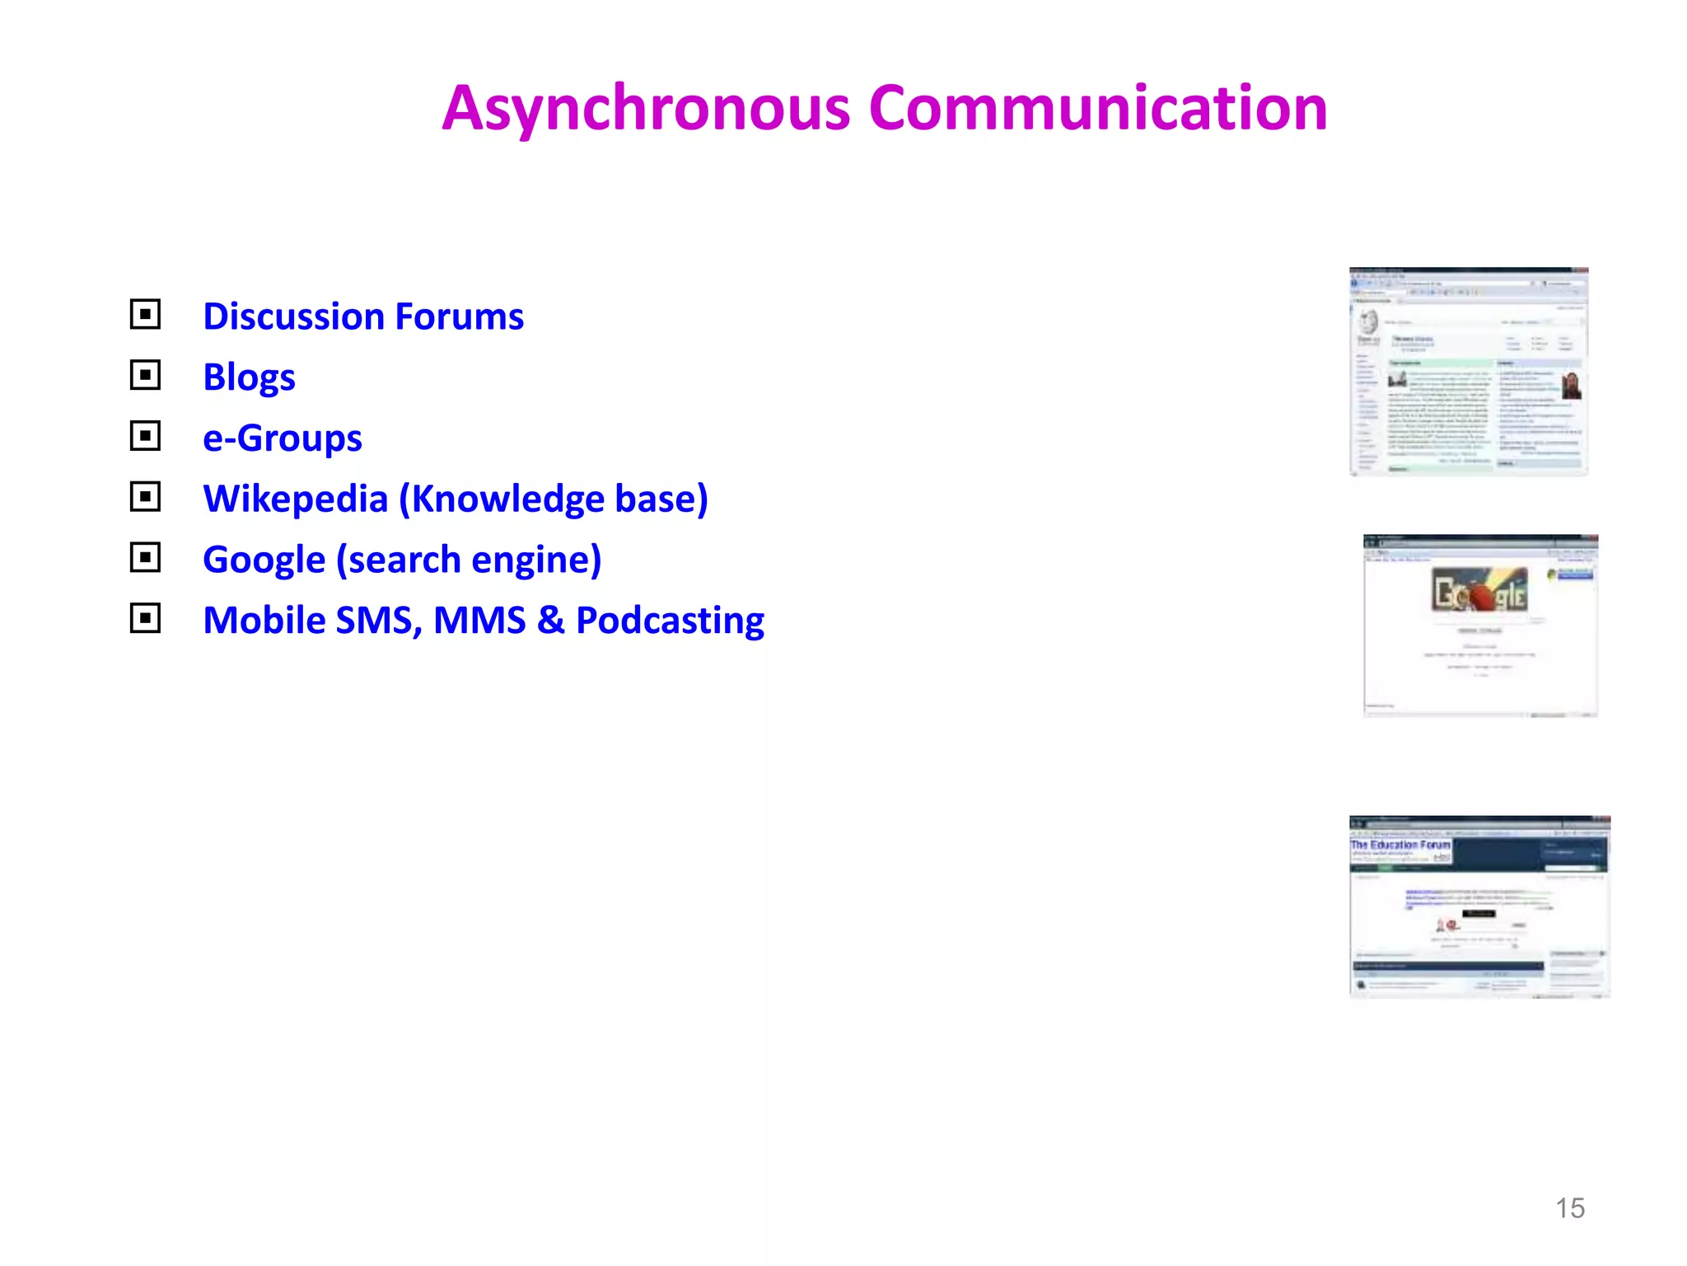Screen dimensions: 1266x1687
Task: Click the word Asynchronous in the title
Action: click(646, 110)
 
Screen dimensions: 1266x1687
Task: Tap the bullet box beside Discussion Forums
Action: click(145, 314)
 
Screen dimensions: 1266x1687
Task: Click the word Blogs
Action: click(249, 377)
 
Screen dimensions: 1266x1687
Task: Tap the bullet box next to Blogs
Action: click(145, 375)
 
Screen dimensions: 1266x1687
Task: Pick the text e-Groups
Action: click(283, 438)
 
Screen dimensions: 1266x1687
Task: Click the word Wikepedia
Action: click(295, 499)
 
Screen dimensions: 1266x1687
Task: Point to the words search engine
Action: click(469, 560)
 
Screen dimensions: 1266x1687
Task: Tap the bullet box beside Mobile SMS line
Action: click(145, 617)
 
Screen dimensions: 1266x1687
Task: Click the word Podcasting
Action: click(670, 621)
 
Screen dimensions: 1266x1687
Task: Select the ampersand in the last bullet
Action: click(550, 621)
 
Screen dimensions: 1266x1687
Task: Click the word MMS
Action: click(479, 621)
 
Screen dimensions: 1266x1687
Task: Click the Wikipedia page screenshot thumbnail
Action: click(1468, 371)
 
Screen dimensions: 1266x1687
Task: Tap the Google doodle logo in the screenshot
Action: click(1479, 591)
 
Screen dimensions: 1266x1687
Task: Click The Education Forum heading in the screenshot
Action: click(1400, 845)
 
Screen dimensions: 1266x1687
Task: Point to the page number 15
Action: click(1569, 1208)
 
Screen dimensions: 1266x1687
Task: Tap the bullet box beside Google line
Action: click(145, 557)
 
